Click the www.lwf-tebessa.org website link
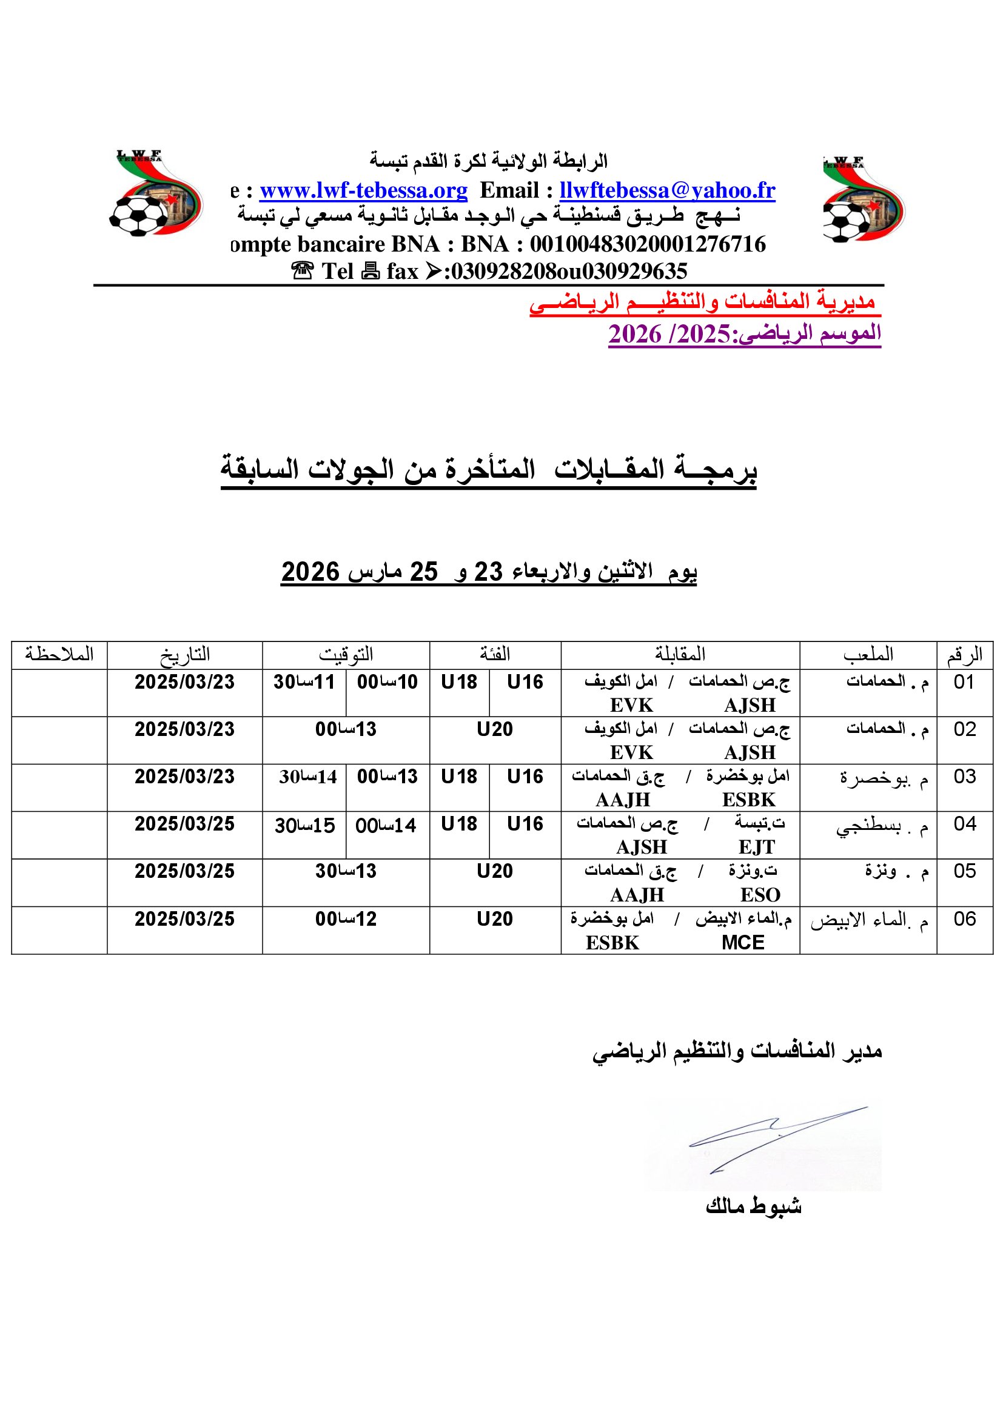[363, 190]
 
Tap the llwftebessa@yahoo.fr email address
[667, 190]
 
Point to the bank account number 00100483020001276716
[648, 244]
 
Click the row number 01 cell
[964, 683]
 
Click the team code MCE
[742, 943]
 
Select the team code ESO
[760, 895]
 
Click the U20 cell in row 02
[495, 729]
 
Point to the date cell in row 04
[185, 824]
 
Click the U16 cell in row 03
[525, 777]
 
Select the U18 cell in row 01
[459, 683]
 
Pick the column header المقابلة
[679, 655]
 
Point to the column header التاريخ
[185, 655]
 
